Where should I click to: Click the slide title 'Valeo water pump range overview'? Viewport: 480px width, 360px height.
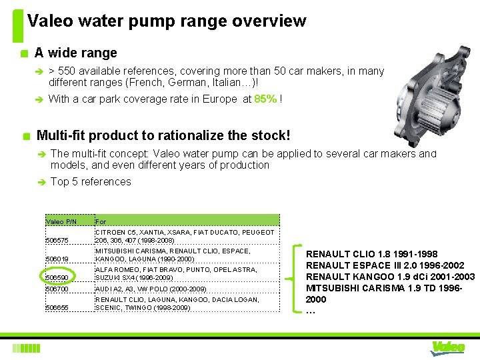(x=167, y=21)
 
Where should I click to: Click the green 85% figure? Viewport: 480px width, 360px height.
(x=266, y=99)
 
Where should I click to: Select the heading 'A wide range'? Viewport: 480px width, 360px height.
(x=75, y=53)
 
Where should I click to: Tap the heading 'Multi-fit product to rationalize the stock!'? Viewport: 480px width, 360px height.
(x=163, y=135)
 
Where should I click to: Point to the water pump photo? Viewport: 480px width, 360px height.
(x=433, y=87)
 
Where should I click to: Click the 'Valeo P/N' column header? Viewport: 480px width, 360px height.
(x=61, y=221)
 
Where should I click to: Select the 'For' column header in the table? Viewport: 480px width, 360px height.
(x=101, y=221)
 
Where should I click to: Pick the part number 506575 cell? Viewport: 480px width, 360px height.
(x=57, y=240)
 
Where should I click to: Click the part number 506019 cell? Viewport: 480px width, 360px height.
(x=57, y=259)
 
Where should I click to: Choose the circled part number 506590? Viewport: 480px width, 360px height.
(x=58, y=277)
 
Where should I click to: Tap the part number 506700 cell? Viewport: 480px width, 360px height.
(x=57, y=289)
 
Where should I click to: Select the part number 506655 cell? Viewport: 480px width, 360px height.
(x=57, y=307)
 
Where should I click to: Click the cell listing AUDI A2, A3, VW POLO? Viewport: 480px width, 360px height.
(x=151, y=289)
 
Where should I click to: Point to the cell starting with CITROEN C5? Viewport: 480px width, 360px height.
(x=184, y=236)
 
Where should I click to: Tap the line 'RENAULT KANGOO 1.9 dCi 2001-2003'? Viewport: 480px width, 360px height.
(x=390, y=277)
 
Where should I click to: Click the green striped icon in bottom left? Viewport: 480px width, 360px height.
(x=27, y=347)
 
